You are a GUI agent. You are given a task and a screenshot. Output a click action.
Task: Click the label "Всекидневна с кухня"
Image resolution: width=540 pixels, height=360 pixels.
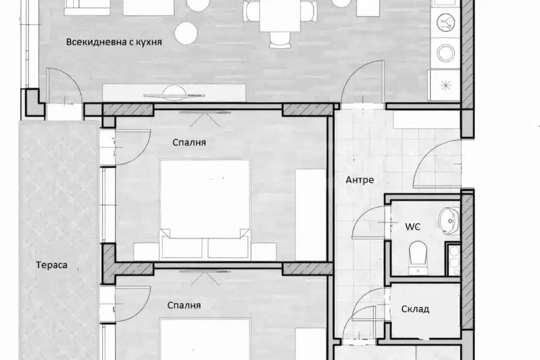pos(114,43)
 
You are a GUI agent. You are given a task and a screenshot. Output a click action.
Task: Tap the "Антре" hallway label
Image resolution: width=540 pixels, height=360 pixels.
pos(360,180)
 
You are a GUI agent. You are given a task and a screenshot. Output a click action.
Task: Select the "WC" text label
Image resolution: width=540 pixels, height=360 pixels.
pos(412,226)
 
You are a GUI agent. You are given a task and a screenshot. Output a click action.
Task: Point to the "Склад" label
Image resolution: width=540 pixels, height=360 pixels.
pos(416,309)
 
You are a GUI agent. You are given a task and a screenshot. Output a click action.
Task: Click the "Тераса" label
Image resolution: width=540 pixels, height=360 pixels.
pos(51,265)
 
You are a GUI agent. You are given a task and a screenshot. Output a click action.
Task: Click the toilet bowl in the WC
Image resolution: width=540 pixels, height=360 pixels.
pos(418,257)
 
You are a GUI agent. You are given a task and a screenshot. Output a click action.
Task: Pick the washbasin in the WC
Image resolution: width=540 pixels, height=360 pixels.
pos(449,220)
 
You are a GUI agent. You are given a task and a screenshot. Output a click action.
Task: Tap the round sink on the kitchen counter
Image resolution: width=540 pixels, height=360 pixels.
pos(446,53)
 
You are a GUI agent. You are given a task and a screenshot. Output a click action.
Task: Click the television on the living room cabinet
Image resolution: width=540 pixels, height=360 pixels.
pos(174,95)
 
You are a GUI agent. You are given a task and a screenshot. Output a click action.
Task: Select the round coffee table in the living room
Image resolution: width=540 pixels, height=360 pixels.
pos(186,33)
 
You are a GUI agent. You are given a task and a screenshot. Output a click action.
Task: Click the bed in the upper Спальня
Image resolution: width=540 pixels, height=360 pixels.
pos(205,209)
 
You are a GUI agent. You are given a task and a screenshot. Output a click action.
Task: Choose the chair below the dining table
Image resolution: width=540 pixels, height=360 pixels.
pos(280,40)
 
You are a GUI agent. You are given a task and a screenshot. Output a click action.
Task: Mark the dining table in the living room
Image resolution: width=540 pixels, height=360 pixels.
pos(280,16)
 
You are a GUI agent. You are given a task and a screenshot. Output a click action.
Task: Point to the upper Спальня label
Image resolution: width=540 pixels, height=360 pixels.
pos(189,143)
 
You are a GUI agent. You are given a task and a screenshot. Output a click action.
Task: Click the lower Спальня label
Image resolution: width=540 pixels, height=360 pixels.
pos(184,305)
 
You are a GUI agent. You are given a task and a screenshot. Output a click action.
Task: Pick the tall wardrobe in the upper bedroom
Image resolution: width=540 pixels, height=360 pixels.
pos(311,214)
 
